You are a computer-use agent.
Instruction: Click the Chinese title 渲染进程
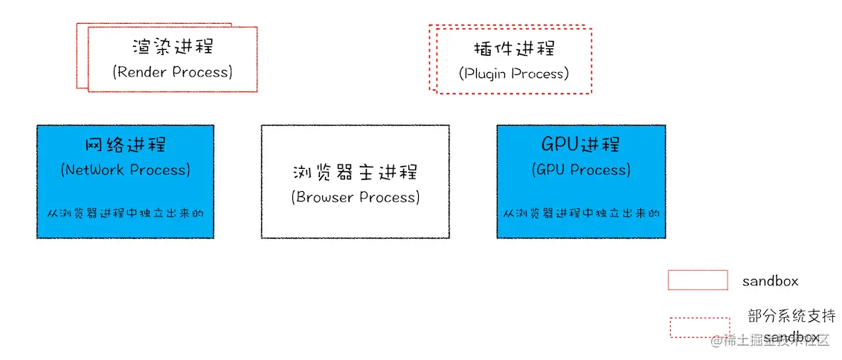point(172,46)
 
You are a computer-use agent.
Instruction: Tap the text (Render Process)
point(173,71)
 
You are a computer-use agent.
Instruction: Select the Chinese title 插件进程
point(514,49)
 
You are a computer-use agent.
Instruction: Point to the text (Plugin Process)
point(514,74)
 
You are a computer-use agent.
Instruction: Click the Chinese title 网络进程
point(125,144)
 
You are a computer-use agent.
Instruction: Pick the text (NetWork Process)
point(125,170)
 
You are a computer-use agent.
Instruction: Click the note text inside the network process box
point(125,213)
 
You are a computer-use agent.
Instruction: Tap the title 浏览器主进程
point(356,172)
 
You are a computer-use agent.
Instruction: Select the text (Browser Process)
point(356,197)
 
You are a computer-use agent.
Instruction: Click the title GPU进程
point(581,144)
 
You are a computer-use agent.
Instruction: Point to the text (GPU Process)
point(581,170)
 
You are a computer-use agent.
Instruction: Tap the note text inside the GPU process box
point(581,213)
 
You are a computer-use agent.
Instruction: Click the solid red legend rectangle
point(697,280)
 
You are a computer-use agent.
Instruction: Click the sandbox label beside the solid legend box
point(770,281)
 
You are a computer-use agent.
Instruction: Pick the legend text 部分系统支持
point(791,315)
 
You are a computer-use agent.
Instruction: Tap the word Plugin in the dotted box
point(487,74)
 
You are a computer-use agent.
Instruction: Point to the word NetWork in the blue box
point(95,170)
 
